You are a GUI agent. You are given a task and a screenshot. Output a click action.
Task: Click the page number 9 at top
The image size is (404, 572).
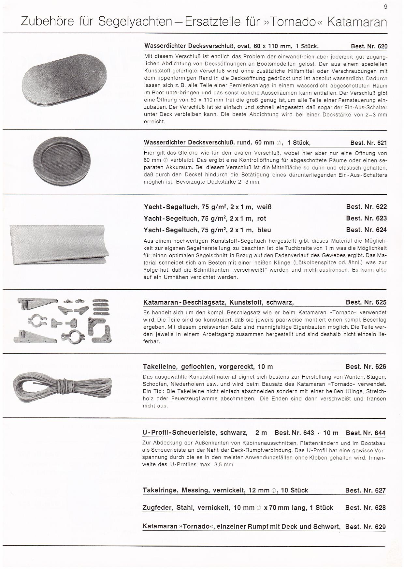point(386,7)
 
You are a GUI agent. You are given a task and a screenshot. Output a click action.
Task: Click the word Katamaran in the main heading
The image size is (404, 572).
point(357,22)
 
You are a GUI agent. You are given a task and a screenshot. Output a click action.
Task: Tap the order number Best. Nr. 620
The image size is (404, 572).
point(369,46)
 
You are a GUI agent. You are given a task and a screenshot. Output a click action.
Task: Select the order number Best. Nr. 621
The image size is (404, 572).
point(368,143)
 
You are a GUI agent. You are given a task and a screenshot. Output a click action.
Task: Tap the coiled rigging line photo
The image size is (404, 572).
point(62,386)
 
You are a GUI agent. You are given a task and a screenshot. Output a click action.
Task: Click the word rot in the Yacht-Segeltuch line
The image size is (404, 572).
point(261,218)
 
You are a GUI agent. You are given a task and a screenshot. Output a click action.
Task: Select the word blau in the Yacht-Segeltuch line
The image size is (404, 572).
point(264,230)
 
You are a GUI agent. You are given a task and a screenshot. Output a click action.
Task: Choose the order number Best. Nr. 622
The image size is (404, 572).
point(366,207)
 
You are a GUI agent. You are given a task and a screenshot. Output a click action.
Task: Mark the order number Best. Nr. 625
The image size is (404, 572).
point(366,302)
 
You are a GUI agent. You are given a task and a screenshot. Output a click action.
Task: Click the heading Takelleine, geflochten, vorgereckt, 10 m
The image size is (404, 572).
point(208,367)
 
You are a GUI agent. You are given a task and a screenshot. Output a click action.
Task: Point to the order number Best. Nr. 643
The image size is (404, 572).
point(294,433)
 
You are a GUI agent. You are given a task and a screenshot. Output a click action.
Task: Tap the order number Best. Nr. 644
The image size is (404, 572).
point(366,433)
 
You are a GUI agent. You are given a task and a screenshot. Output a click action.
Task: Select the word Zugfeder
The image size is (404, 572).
point(158,507)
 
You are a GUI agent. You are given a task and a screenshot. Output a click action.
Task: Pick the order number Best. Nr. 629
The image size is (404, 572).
point(365,527)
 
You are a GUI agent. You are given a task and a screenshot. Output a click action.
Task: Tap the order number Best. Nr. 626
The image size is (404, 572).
point(366,367)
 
